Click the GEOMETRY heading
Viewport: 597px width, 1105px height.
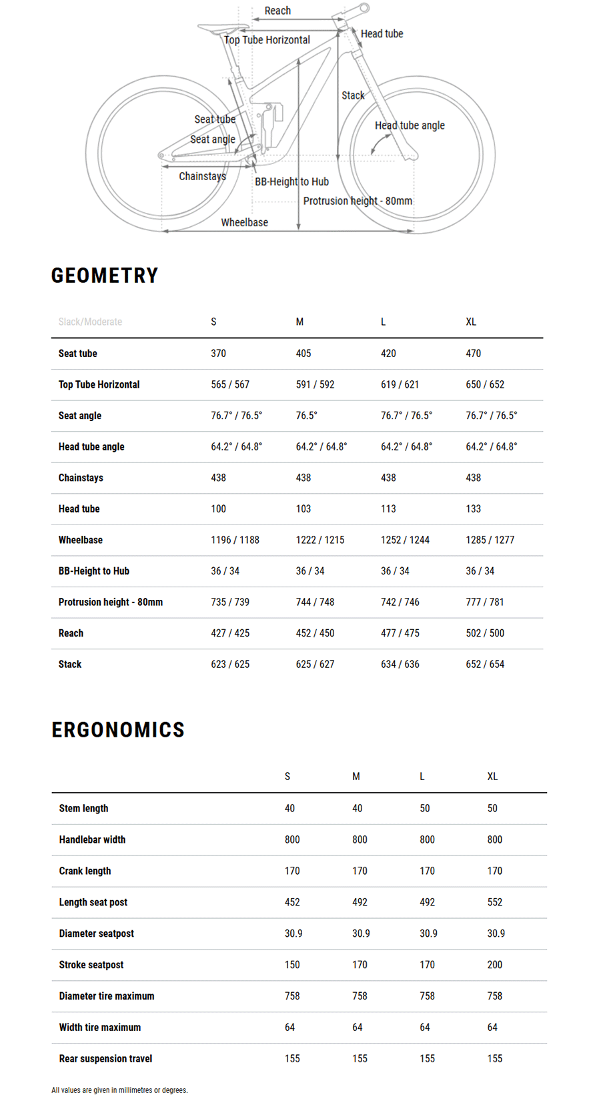point(105,276)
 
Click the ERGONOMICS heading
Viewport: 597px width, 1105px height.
point(118,730)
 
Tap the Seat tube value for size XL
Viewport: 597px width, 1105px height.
point(473,354)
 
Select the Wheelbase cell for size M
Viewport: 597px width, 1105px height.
point(320,540)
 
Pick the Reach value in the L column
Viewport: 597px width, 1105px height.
point(400,633)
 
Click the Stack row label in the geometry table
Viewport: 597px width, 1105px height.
point(70,665)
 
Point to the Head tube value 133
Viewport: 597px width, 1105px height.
point(473,509)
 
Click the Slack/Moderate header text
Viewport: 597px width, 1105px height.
point(90,322)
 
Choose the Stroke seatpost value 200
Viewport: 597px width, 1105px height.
point(494,965)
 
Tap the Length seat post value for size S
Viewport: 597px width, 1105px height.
point(292,902)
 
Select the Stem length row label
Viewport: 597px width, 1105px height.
point(83,809)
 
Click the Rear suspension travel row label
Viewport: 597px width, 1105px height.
point(105,1059)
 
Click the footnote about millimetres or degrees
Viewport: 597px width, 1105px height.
point(119,1090)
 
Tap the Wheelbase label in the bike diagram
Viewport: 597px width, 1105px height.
point(244,222)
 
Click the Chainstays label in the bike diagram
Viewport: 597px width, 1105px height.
point(202,176)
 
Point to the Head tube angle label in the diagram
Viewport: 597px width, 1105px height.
point(410,125)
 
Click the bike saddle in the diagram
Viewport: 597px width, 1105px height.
point(214,28)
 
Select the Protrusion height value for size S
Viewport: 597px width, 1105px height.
point(230,603)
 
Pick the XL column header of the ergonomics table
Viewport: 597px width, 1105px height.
point(492,777)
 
